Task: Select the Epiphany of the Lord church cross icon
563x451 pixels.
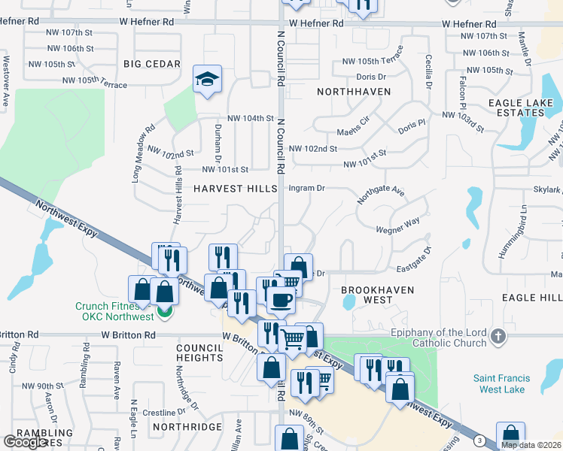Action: click(x=497, y=337)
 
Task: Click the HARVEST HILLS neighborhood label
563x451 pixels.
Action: click(x=236, y=188)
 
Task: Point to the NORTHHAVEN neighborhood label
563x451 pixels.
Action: click(x=354, y=91)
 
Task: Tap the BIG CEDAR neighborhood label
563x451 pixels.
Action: click(x=152, y=64)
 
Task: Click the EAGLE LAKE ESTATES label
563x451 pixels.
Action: click(x=516, y=107)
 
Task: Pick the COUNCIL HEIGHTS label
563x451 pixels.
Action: click(x=200, y=353)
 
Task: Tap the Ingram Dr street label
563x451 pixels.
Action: click(x=306, y=188)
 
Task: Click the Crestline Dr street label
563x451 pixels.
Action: click(x=164, y=413)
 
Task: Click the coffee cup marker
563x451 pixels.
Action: click(x=281, y=301)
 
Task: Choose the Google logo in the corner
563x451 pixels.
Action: click(x=25, y=442)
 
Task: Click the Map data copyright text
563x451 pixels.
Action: click(x=531, y=445)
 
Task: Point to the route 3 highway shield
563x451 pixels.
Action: click(x=479, y=440)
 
